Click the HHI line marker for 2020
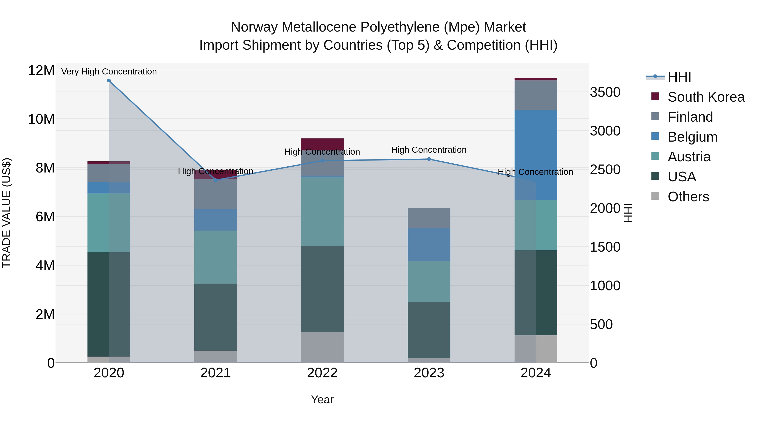[x=109, y=81]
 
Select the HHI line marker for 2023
[x=429, y=159]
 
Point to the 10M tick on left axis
[x=41, y=119]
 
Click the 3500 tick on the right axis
[x=605, y=92]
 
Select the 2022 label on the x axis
[x=322, y=373]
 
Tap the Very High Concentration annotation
[x=109, y=72]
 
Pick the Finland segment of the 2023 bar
[x=429, y=218]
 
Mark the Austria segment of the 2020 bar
[x=109, y=223]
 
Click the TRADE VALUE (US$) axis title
[x=7, y=213]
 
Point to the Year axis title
[x=322, y=399]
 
